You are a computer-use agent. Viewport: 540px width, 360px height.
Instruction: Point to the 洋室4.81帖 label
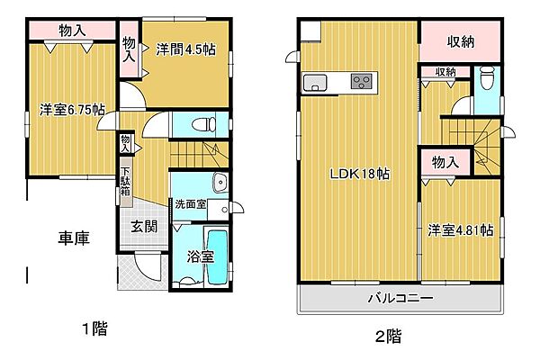(460, 229)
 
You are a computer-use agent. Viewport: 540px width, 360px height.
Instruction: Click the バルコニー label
(400, 298)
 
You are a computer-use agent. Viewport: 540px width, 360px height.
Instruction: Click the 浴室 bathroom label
(201, 256)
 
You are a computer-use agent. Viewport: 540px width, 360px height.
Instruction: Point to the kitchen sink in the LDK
(318, 84)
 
